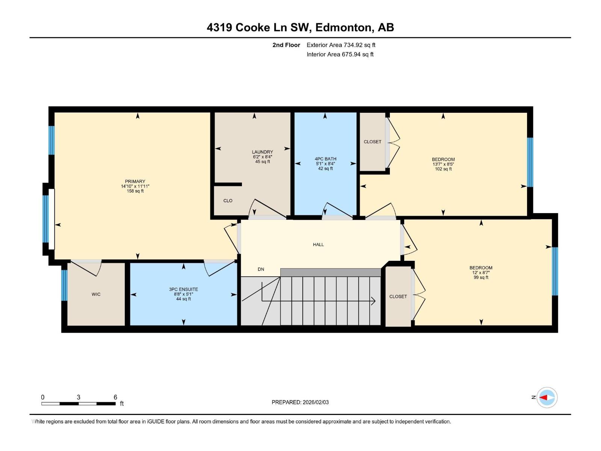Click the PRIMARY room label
(135, 181)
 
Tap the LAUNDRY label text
(262, 152)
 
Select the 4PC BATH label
(325, 159)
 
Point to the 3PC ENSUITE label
(183, 289)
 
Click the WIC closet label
(96, 294)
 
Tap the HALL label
(319, 245)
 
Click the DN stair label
(261, 269)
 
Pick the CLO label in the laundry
(228, 201)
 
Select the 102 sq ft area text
(443, 169)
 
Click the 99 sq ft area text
(481, 277)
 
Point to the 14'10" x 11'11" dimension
(135, 186)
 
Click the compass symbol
(547, 397)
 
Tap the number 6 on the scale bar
(115, 397)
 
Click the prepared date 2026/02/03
(316, 402)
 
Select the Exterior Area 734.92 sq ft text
(341, 45)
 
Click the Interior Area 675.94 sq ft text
(340, 54)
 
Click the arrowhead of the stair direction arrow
(373, 301)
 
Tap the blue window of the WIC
(64, 285)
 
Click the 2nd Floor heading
(286, 45)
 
